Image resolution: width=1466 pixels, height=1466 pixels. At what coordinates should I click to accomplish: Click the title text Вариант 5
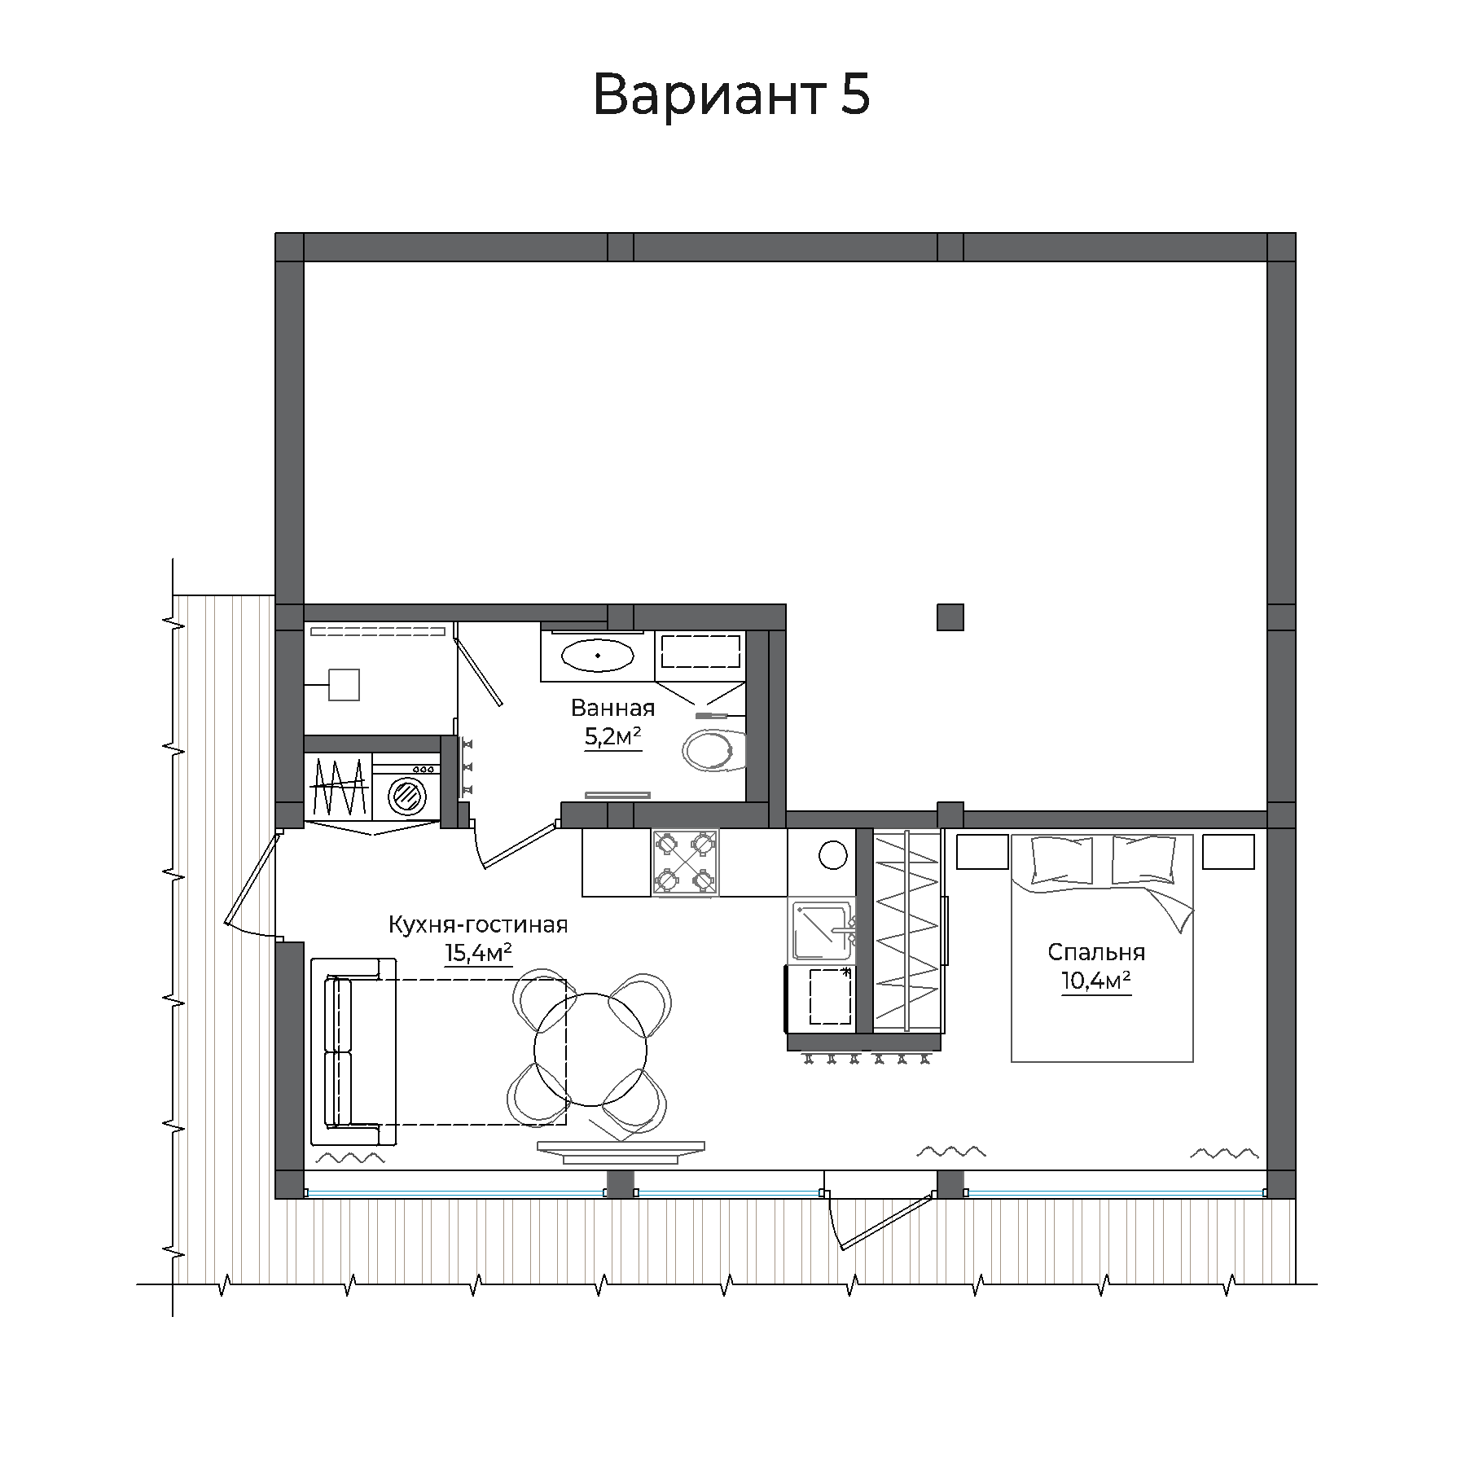[731, 94]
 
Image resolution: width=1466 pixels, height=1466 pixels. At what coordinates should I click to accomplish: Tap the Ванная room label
[612, 708]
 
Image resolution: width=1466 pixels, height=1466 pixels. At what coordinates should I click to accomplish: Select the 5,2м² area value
[612, 737]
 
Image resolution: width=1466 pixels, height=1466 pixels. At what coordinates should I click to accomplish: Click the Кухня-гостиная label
[477, 924]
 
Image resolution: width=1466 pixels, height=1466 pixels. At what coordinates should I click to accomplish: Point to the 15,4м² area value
[478, 952]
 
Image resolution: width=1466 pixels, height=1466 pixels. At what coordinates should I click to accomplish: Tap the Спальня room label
[1096, 951]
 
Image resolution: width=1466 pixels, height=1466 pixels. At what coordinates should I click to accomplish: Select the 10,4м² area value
[1096, 981]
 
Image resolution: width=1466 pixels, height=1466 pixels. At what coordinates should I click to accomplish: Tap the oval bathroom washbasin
[598, 655]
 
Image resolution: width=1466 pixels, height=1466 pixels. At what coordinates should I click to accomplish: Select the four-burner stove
[685, 863]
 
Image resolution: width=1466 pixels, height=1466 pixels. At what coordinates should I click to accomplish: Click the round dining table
[590, 1049]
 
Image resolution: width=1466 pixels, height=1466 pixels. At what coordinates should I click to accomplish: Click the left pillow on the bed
[1062, 860]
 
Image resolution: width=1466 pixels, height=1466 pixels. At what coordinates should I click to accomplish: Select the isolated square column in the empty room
[950, 617]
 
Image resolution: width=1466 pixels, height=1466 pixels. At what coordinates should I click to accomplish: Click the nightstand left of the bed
[981, 852]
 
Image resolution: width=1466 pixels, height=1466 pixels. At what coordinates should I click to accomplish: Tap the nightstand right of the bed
[1228, 852]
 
